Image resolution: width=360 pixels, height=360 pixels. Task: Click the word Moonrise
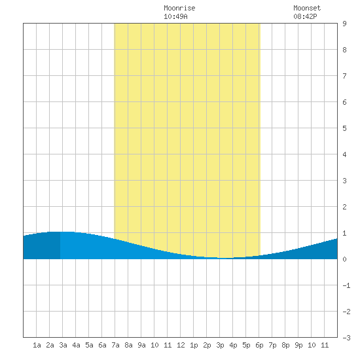click(x=179, y=8)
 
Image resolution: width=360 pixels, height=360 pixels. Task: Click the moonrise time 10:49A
click(x=175, y=16)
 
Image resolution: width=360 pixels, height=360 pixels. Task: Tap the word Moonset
click(x=307, y=8)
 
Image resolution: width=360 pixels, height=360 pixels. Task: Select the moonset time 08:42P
click(x=306, y=16)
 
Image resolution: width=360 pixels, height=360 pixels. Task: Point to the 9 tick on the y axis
click(x=344, y=24)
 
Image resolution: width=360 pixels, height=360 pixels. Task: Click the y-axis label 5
click(x=344, y=128)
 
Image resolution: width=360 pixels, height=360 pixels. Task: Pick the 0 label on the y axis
click(x=344, y=259)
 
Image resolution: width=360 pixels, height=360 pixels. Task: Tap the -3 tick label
click(x=346, y=338)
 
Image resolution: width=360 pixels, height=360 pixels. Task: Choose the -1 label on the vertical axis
click(x=346, y=285)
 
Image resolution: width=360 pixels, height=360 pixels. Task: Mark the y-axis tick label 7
click(x=344, y=76)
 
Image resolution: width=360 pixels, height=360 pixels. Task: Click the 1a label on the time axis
click(x=37, y=345)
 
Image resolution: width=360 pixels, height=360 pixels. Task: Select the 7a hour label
click(x=115, y=345)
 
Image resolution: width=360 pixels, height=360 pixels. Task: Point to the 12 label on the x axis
click(x=181, y=345)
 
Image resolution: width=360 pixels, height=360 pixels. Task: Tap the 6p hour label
click(x=259, y=345)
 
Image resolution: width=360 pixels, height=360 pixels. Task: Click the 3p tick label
click(x=220, y=345)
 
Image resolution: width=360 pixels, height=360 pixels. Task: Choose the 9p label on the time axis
click(x=298, y=345)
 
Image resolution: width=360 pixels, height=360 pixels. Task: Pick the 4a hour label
click(x=76, y=345)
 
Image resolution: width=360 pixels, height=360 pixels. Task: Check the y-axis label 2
click(x=344, y=207)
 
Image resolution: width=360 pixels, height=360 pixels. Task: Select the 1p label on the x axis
click(x=194, y=345)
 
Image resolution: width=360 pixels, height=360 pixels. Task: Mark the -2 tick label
click(x=346, y=312)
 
